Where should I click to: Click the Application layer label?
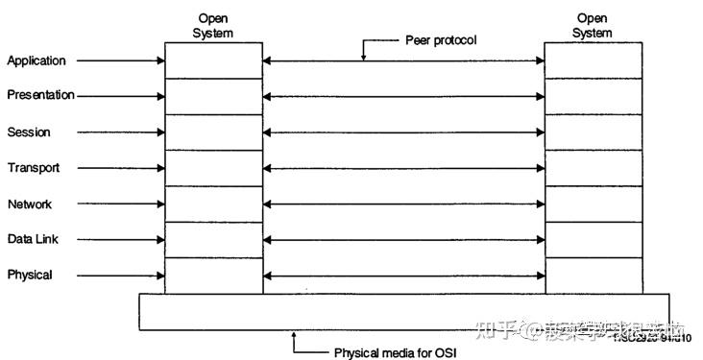[x=36, y=61]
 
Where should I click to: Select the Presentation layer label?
[x=40, y=95]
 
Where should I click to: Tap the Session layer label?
[x=29, y=132]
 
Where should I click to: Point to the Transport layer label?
[x=34, y=168]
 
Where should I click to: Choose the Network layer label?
[x=30, y=204]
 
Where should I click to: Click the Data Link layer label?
[x=34, y=239]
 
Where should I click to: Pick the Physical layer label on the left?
[x=30, y=276]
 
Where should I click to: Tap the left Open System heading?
[x=212, y=26]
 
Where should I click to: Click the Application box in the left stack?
[x=213, y=60]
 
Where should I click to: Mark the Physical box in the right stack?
[x=593, y=276]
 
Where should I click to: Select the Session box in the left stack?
[x=213, y=132]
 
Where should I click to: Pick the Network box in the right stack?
[x=593, y=204]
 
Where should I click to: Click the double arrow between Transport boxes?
[x=403, y=168]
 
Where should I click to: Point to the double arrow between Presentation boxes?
[x=403, y=96]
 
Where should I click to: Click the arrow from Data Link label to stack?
[x=120, y=240]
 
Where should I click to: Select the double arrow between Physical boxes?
[x=403, y=276]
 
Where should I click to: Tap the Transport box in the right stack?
[x=593, y=168]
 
